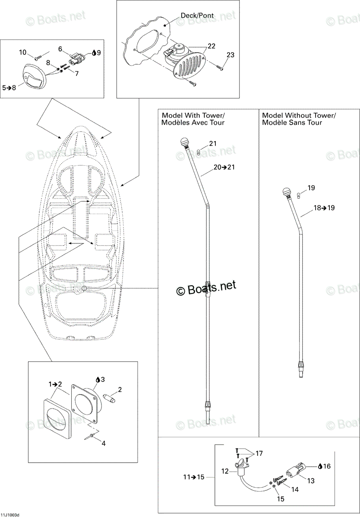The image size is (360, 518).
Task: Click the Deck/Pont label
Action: click(197, 16)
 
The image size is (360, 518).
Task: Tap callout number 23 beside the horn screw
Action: click(231, 55)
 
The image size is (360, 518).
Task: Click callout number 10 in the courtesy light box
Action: click(22, 53)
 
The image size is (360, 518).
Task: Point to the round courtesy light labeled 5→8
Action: click(35, 76)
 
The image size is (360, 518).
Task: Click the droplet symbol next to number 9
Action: click(94, 53)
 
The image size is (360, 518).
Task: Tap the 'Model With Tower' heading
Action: click(193, 115)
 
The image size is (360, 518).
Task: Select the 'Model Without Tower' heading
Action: click(299, 115)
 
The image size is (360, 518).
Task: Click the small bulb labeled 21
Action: click(198, 152)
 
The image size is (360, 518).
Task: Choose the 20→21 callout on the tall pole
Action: click(224, 167)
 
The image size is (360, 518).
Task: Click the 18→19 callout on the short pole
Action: click(324, 208)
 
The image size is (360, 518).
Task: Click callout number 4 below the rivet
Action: click(104, 443)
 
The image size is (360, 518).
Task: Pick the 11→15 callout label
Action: click(194, 477)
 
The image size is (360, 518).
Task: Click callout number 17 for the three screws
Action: click(259, 453)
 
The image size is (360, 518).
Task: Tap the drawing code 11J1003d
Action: click(9, 515)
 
